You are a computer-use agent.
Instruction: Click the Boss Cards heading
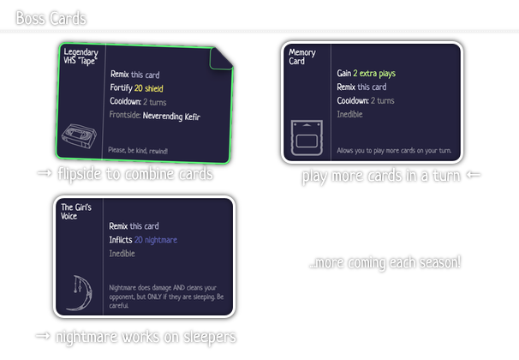51,17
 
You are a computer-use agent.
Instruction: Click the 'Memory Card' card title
301,57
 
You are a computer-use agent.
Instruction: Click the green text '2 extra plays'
378,74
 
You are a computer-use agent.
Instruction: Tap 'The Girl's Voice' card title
81,212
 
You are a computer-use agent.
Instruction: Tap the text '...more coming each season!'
385,261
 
